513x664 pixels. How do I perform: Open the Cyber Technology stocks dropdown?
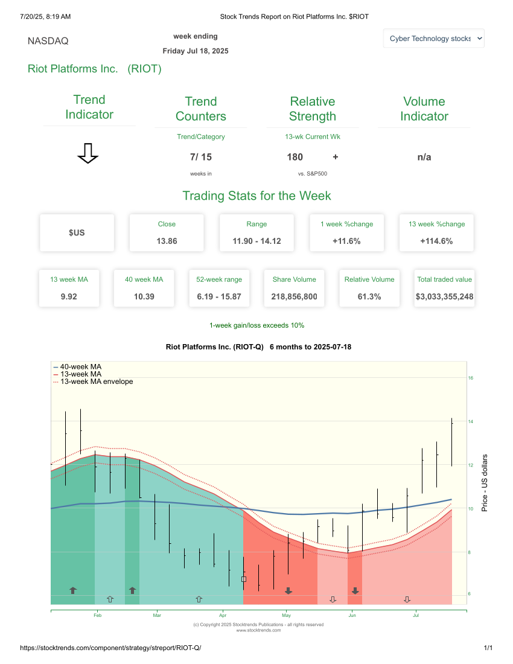pos(433,39)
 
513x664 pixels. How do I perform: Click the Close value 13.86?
pos(167,241)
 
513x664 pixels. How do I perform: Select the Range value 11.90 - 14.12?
pos(256,241)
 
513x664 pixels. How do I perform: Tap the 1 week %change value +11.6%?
pos(346,241)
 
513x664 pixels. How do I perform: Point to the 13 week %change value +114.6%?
pos(436,241)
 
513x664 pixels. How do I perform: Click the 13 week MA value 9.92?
pos(69,296)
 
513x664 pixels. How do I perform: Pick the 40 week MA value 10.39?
pos(144,296)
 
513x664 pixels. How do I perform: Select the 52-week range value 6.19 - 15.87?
pos(219,296)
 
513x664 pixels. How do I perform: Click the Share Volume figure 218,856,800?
pos(294,296)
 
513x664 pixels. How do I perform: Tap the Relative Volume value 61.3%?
pos(369,296)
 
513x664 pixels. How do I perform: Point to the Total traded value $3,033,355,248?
pos(444,296)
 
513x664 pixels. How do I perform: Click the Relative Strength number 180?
pos(295,157)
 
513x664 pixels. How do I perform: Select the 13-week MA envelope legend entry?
pos(96,381)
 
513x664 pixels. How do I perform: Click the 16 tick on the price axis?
pos(471,378)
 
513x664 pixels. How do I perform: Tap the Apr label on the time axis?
pos(223,616)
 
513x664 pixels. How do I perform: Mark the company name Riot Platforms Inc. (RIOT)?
pos(95,69)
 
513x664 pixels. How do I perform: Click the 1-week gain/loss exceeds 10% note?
pos(256,325)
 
